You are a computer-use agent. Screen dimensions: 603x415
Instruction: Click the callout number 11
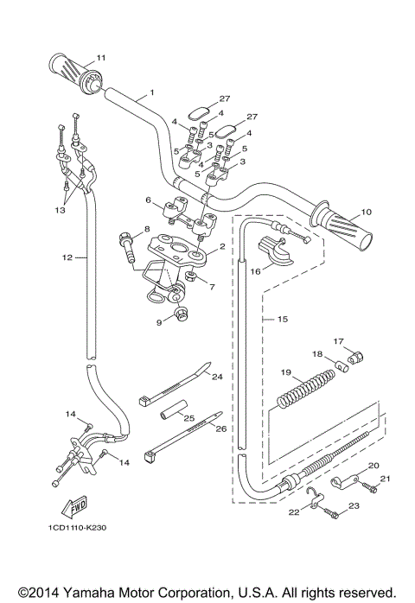(x=101, y=57)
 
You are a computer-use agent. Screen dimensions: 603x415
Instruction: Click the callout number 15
(x=283, y=320)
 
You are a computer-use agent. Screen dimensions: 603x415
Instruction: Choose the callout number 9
(x=158, y=323)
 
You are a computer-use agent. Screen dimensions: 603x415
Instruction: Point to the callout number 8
(x=147, y=229)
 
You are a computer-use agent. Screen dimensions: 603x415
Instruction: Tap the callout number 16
(x=255, y=270)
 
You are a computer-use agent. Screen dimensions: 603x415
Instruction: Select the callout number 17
(x=339, y=340)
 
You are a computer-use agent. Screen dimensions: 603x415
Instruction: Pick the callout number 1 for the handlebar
(x=151, y=92)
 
